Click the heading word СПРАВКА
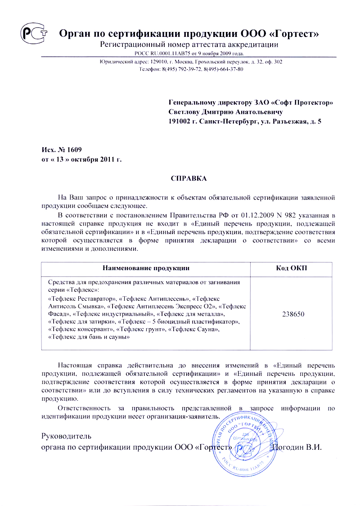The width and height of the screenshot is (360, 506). [189, 179]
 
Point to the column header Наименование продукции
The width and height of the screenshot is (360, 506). [146, 268]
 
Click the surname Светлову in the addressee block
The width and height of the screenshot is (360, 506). [184, 112]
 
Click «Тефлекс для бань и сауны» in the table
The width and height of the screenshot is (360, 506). [86, 336]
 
